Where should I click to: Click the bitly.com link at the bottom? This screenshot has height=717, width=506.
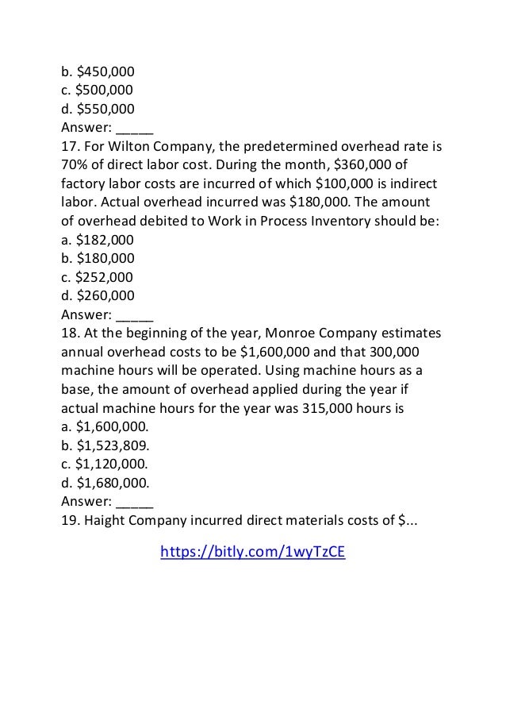(x=252, y=553)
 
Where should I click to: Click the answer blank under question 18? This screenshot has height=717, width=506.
(x=134, y=501)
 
